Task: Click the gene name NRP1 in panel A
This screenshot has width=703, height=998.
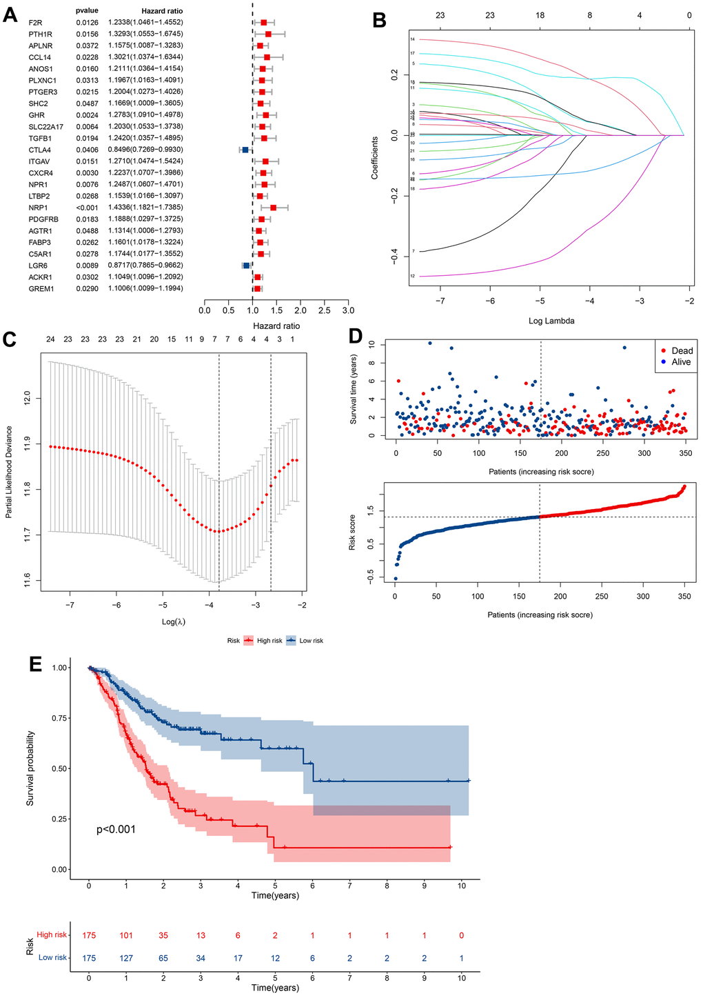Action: [39, 208]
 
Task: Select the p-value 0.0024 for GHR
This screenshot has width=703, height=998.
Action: [87, 115]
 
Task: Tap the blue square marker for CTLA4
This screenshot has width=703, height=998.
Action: [245, 150]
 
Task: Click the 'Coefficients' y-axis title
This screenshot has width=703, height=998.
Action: [375, 158]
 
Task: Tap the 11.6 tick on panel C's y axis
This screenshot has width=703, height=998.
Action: [26, 576]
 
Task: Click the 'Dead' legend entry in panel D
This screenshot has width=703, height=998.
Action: [682, 350]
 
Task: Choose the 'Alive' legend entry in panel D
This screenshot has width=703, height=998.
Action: [680, 362]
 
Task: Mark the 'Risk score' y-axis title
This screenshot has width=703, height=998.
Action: [352, 532]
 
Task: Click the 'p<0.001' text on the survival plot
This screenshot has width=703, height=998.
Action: [116, 830]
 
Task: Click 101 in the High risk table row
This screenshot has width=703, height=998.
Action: [126, 935]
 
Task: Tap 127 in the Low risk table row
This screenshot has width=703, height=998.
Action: [126, 958]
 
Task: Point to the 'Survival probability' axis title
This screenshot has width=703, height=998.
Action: [30, 768]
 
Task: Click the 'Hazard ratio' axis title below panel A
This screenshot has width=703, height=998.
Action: [276, 326]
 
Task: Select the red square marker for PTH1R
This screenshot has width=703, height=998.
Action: [268, 34]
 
